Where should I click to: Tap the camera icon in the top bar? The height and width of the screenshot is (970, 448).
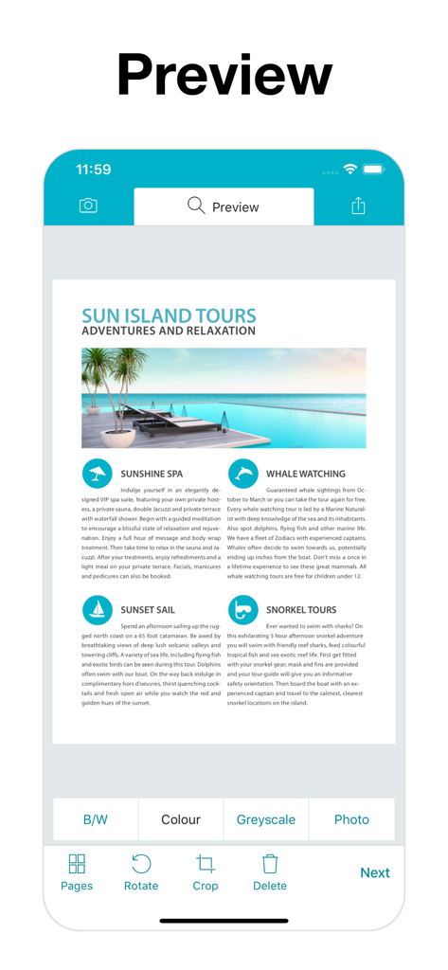click(88, 206)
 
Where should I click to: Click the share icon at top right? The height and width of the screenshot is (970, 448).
click(358, 206)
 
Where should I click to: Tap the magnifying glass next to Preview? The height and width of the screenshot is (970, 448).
click(196, 206)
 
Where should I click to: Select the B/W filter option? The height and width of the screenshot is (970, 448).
click(96, 819)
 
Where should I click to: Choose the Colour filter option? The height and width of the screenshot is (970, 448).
click(181, 819)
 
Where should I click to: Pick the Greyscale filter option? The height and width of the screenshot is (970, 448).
click(266, 819)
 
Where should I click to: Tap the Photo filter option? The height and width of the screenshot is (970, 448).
click(351, 819)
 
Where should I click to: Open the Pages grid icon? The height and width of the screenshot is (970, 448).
click(77, 864)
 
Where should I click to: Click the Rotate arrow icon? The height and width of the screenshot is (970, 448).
click(141, 864)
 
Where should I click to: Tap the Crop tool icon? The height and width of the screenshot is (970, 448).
click(206, 864)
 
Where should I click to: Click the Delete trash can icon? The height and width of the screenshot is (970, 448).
click(270, 864)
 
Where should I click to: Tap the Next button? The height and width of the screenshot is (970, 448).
click(375, 872)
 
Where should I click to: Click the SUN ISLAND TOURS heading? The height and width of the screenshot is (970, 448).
click(169, 315)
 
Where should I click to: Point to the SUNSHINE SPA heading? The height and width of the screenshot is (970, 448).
click(152, 474)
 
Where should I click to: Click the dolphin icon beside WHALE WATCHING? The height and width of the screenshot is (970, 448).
click(243, 473)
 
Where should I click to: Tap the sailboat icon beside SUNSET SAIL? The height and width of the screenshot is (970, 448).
click(97, 609)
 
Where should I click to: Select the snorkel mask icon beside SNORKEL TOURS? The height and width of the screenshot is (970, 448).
click(243, 609)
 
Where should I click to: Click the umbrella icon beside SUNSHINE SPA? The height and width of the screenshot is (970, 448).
click(97, 473)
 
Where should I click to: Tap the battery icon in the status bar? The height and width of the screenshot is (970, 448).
click(373, 170)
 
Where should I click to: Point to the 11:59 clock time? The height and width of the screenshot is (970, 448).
click(94, 170)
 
